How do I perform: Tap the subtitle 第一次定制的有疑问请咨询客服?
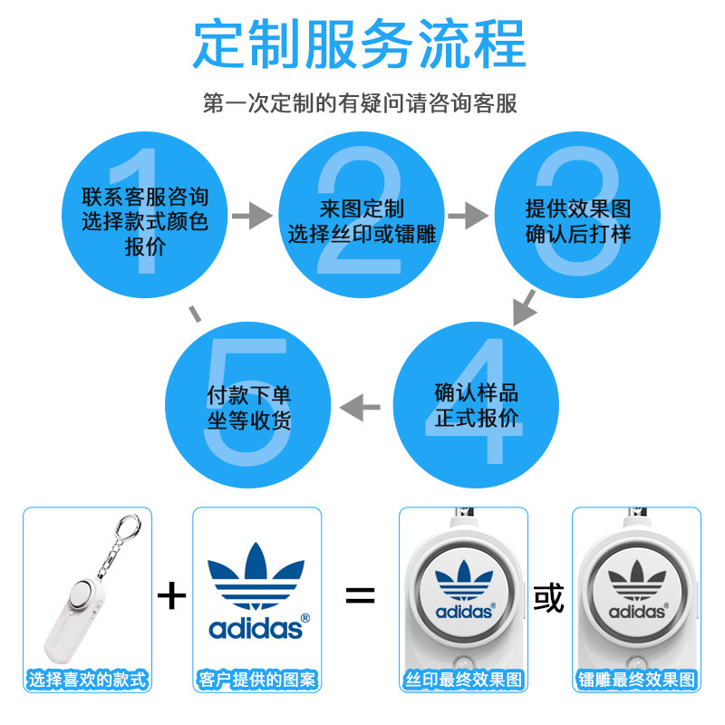point(360,102)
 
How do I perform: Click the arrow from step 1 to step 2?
point(252,216)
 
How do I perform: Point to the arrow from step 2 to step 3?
point(469,216)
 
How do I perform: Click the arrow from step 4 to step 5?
point(360,407)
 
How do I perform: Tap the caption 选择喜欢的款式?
point(87,679)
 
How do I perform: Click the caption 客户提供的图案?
point(256,679)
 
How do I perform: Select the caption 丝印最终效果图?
point(464,679)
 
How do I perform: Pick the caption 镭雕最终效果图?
point(636,679)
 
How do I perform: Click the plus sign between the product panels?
point(171,595)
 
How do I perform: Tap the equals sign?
point(360,595)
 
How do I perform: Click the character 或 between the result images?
point(548,599)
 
